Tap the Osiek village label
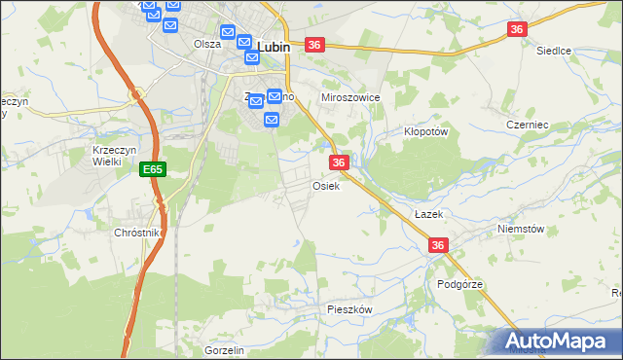pyautogui.click(x=325, y=186)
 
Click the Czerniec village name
pyautogui.click(x=529, y=125)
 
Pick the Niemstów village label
pyautogui.click(x=521, y=230)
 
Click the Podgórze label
pyautogui.click(x=460, y=284)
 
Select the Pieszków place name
pyautogui.click(x=350, y=308)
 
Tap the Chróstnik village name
pyautogui.click(x=136, y=234)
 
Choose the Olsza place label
pyautogui.click(x=207, y=44)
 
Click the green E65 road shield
pyautogui.click(x=152, y=169)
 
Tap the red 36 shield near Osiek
pyautogui.click(x=339, y=162)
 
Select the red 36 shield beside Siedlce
pyautogui.click(x=517, y=30)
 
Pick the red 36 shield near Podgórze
pyautogui.click(x=438, y=246)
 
